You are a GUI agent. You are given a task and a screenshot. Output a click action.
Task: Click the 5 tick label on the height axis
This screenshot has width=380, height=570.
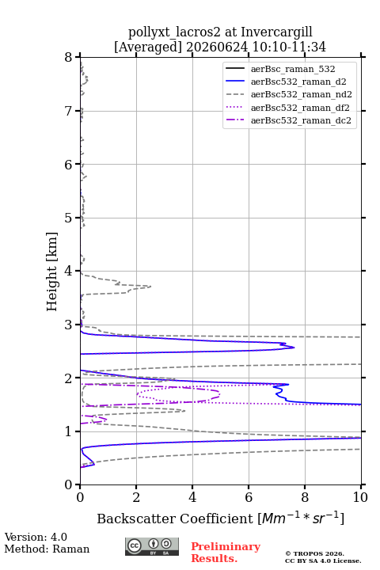[69, 218]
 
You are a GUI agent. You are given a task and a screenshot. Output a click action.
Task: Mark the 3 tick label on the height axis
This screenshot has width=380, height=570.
[69, 325]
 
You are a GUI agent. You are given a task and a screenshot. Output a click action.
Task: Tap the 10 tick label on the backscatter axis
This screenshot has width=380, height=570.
[360, 497]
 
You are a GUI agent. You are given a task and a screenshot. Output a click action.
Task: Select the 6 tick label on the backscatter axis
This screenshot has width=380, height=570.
[249, 497]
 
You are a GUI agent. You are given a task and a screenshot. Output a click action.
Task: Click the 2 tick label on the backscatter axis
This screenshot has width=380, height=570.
[136, 497]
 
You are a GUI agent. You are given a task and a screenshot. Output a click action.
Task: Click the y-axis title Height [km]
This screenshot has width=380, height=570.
[51, 272]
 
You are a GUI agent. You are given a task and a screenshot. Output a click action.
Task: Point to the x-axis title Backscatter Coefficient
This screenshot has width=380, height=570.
[175, 519]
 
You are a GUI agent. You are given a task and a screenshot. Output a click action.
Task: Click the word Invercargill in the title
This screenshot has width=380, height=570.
[277, 32]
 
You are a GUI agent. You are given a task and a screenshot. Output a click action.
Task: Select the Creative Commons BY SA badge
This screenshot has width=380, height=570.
[152, 546]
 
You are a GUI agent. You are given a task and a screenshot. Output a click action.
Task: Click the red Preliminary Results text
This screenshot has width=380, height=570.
[226, 553]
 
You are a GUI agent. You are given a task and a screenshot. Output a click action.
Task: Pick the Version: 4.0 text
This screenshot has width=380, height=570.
[36, 537]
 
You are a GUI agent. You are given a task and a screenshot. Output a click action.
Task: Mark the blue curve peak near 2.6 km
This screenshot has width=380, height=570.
[294, 348]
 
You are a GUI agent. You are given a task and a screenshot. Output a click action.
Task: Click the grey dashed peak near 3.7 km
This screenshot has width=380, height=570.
[150, 287]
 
